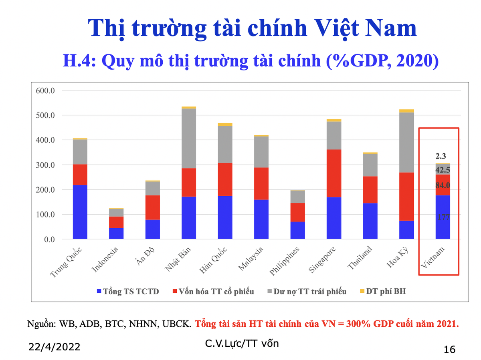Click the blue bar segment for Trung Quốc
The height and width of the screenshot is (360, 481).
pos(80,212)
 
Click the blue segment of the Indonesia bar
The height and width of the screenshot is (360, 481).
pos(116,233)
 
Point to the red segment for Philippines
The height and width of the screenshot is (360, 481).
pos(297,212)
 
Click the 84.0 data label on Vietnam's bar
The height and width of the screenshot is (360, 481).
pos(443,185)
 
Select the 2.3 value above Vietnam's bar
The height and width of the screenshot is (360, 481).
pos(441,156)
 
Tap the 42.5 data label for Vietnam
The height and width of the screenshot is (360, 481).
pos(443,170)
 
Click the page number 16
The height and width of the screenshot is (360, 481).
pos(450,349)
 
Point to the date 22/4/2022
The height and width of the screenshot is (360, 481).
pos(54,347)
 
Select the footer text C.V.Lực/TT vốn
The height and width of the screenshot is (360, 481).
pos(241,343)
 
